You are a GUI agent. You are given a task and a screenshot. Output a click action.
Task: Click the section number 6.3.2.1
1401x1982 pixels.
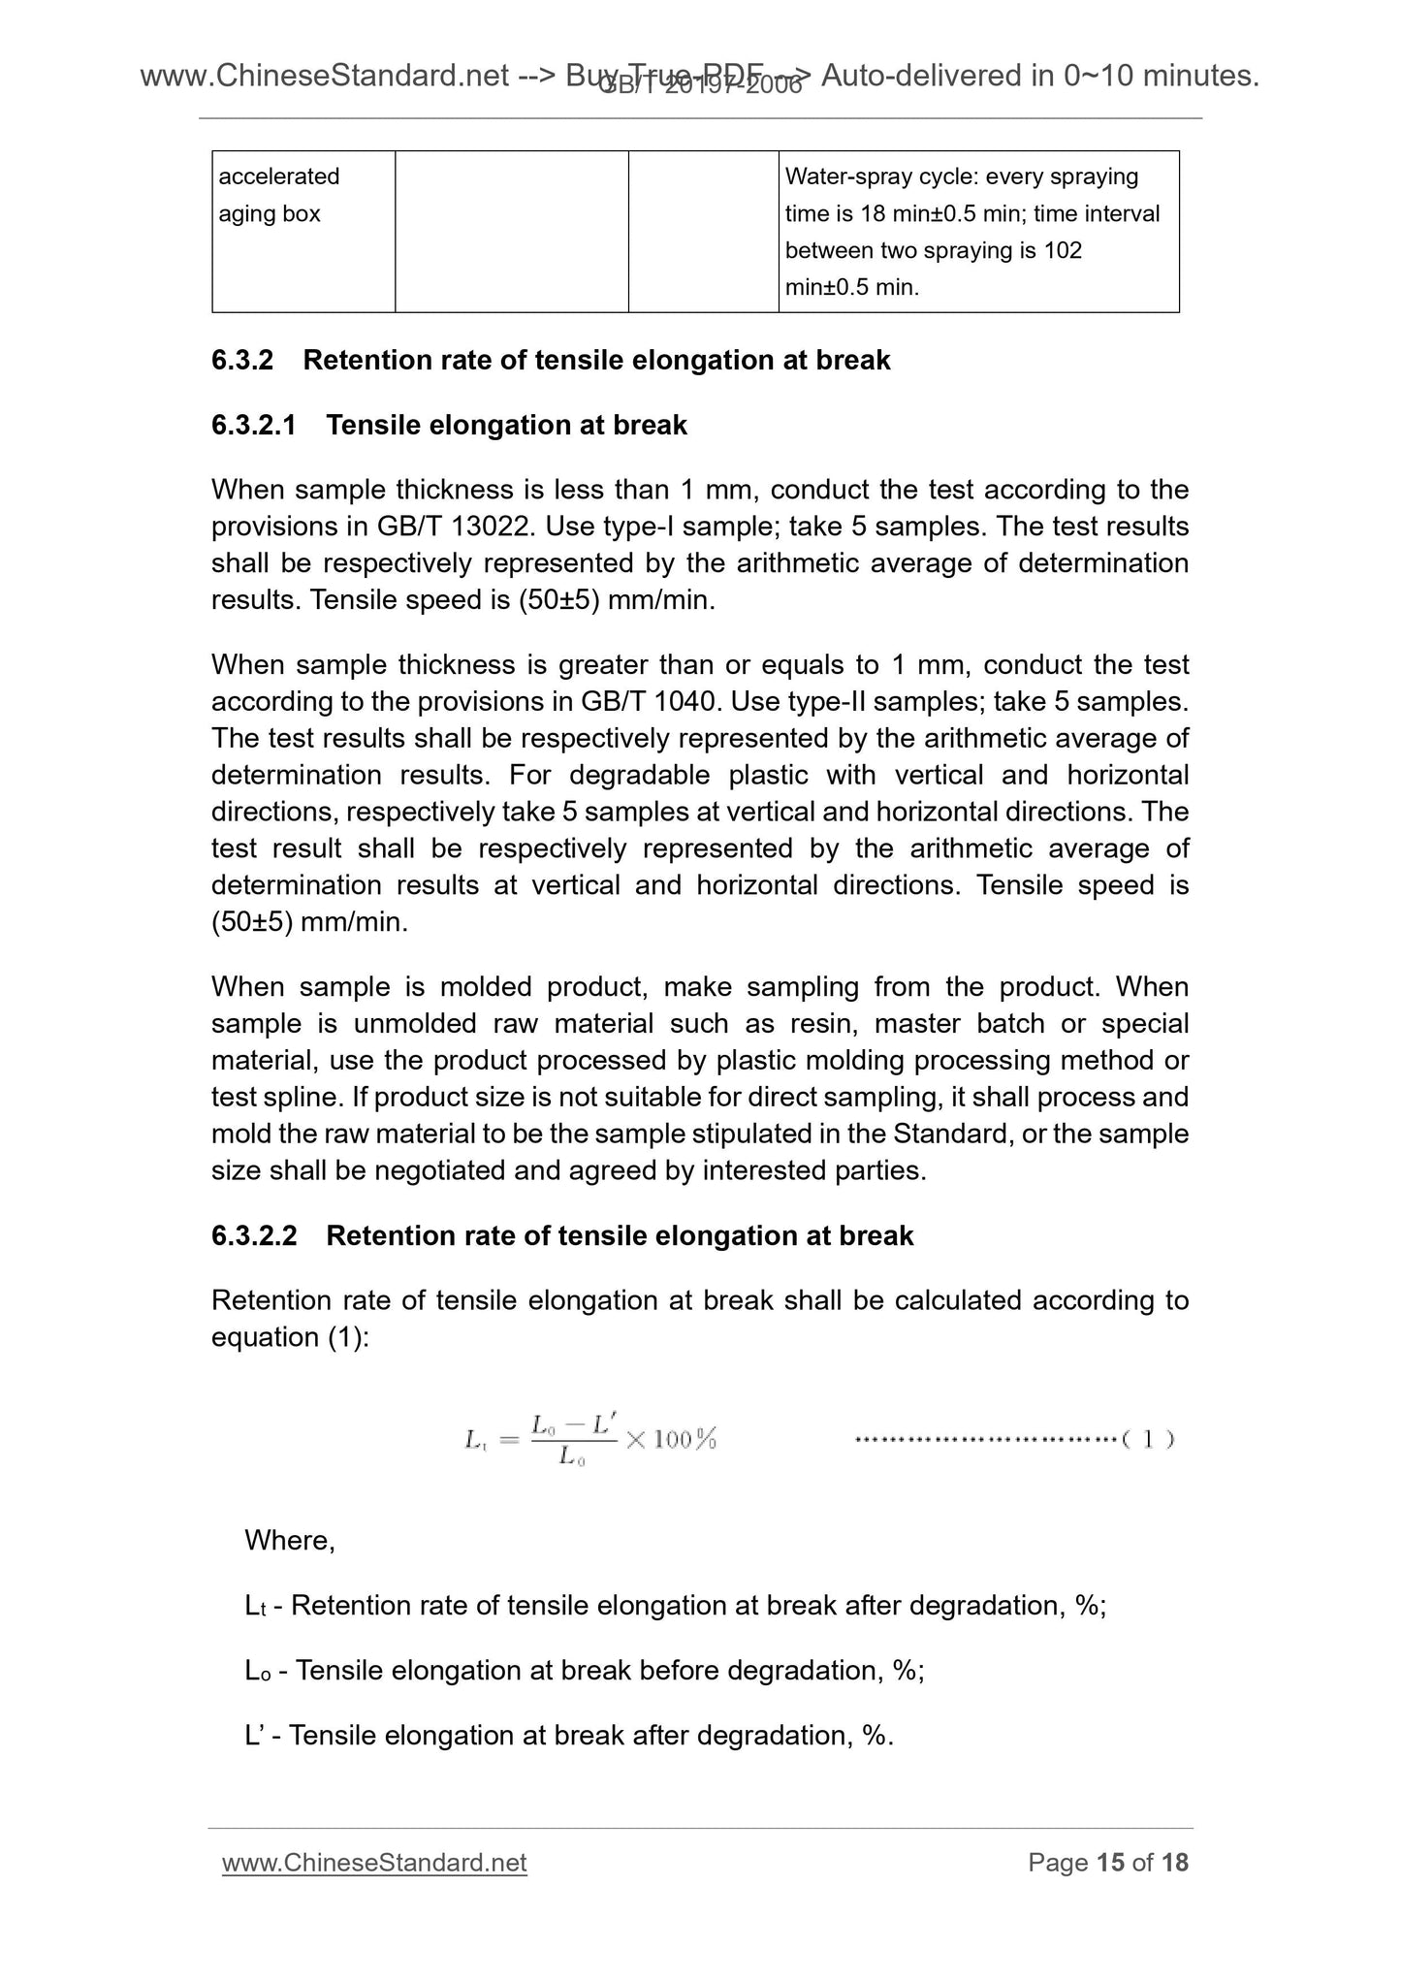[253, 425]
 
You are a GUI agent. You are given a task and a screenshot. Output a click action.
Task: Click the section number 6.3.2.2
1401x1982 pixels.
[253, 1235]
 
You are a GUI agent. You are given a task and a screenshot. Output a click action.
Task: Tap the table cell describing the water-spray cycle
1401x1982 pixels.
[977, 232]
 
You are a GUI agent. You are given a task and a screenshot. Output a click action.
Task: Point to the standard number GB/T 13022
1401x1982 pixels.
[455, 527]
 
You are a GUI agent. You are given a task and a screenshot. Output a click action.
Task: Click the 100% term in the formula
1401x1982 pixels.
[685, 1440]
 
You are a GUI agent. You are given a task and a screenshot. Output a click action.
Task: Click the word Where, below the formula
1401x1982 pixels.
[289, 1541]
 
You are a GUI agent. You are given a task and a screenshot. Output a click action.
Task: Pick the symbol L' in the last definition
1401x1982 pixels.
[256, 1735]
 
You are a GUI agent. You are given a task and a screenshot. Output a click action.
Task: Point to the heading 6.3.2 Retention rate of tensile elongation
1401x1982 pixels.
[551, 360]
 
